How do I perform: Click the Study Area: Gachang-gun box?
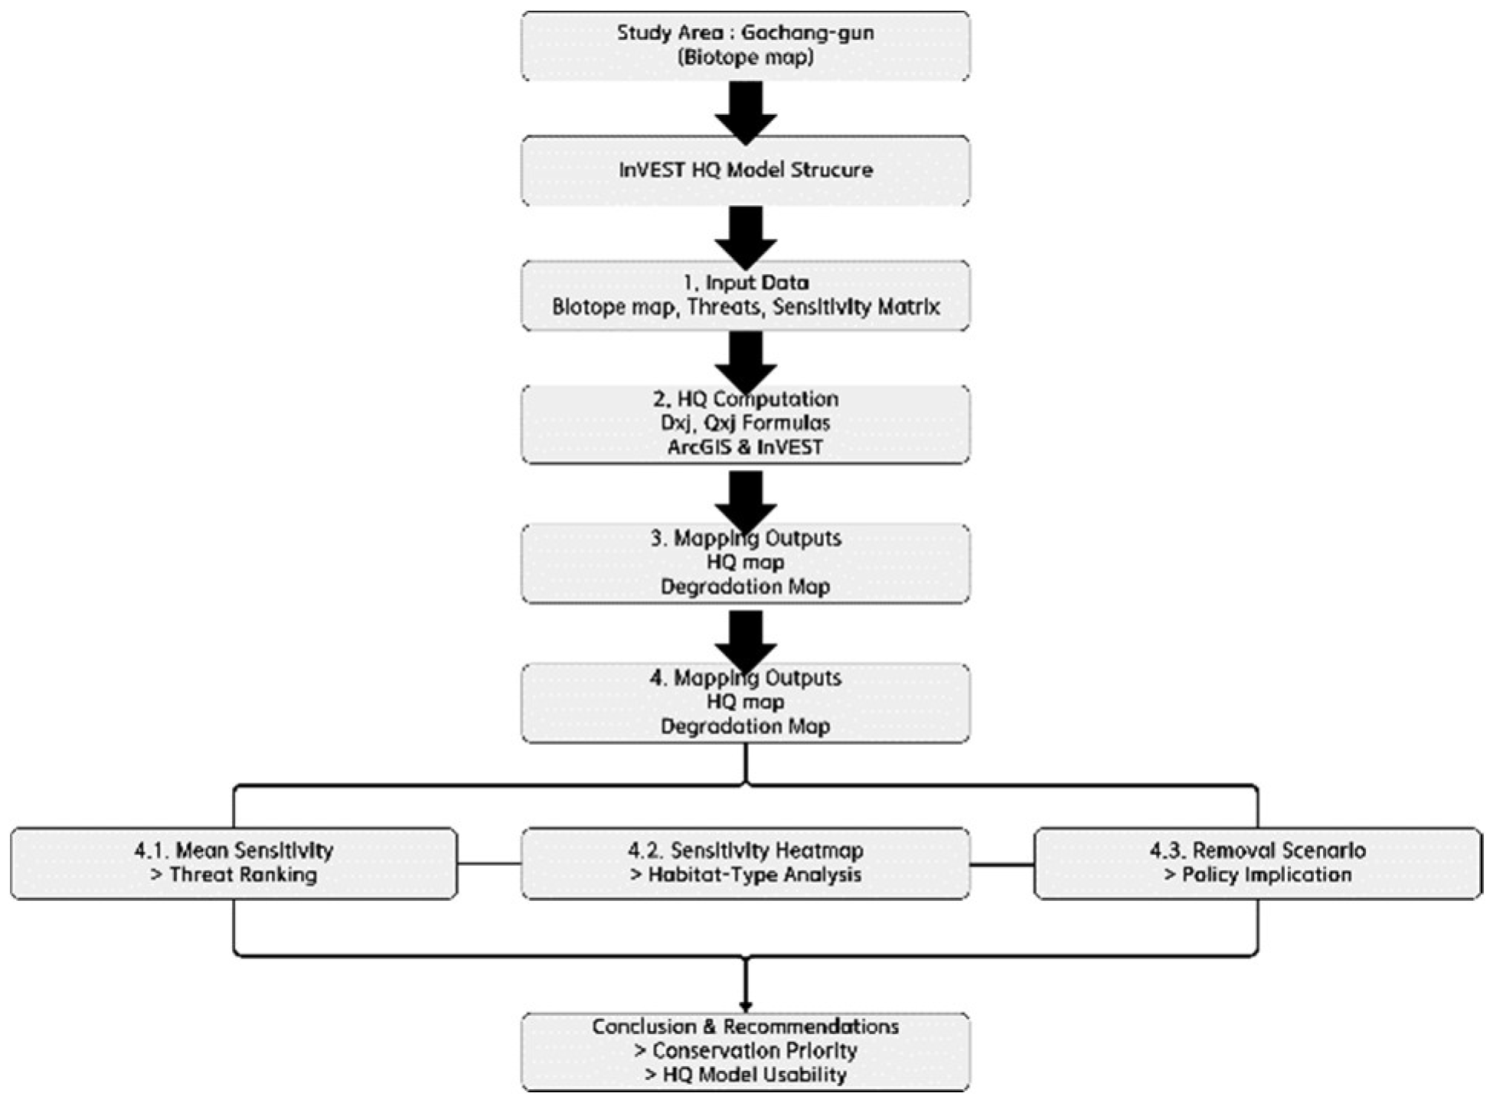click(745, 46)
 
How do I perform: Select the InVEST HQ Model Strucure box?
click(745, 170)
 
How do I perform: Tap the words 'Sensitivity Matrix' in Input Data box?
click(856, 308)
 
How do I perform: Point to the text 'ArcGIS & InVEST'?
click(745, 448)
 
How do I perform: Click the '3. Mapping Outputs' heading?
click(745, 539)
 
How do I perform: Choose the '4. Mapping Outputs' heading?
click(745, 678)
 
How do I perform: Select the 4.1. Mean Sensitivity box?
click(234, 863)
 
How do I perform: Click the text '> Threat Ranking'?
click(234, 875)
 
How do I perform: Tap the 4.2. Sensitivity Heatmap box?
click(745, 863)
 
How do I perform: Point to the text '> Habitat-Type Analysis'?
click(745, 875)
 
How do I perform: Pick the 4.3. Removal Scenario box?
click(1257, 863)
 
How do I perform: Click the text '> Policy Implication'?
click(1257, 875)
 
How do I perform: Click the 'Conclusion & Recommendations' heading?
click(745, 1026)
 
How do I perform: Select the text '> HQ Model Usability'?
click(745, 1075)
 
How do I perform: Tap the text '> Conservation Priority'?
click(745, 1051)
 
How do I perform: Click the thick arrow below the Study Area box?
click(746, 111)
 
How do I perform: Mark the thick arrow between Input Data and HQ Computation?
click(746, 361)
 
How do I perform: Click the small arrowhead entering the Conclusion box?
click(746, 1007)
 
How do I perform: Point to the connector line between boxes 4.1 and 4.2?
click(489, 863)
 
